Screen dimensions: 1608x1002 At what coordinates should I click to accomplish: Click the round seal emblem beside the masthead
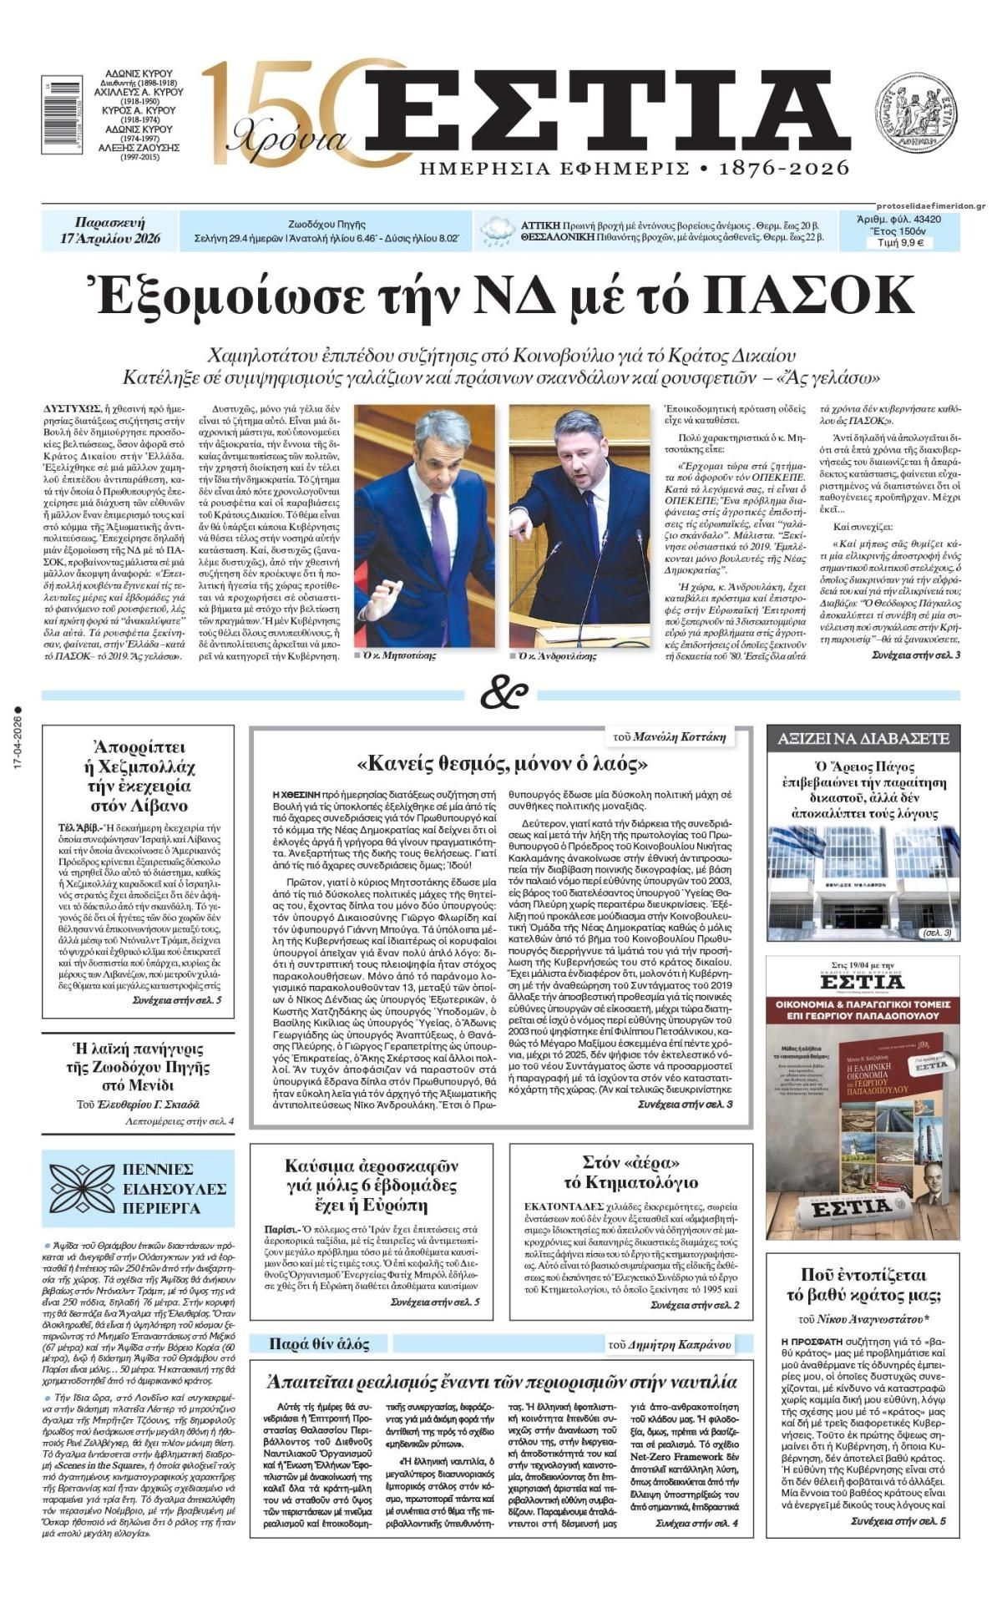(x=915, y=111)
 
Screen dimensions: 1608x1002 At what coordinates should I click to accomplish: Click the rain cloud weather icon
(x=498, y=230)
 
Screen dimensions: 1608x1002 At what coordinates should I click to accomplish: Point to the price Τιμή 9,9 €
(x=898, y=243)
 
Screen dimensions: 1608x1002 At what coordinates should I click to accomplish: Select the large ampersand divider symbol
(x=504, y=693)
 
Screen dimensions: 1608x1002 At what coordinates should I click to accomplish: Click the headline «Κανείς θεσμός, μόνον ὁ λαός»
(x=504, y=762)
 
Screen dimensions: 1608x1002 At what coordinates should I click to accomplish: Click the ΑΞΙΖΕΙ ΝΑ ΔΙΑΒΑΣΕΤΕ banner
(x=863, y=738)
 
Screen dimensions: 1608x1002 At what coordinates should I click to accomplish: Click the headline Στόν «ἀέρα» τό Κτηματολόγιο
(x=631, y=1171)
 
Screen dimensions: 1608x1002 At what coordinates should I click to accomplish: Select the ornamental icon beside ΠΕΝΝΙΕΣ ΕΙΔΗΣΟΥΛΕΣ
(x=82, y=1188)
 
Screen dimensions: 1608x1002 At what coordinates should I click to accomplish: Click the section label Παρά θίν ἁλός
(x=318, y=1343)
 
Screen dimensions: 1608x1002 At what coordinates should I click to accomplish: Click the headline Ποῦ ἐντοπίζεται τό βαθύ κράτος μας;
(x=863, y=1285)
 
